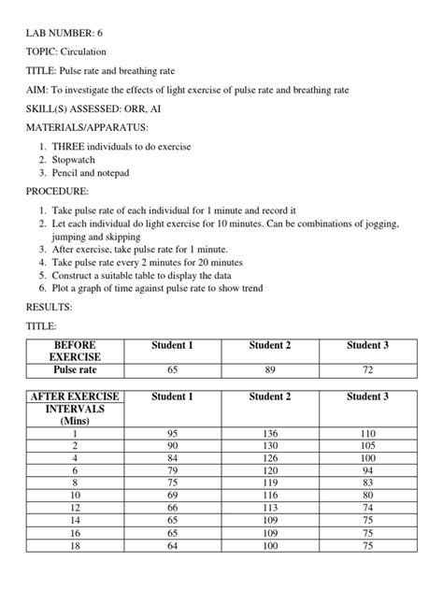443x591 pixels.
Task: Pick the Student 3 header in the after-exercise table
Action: pos(367,396)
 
